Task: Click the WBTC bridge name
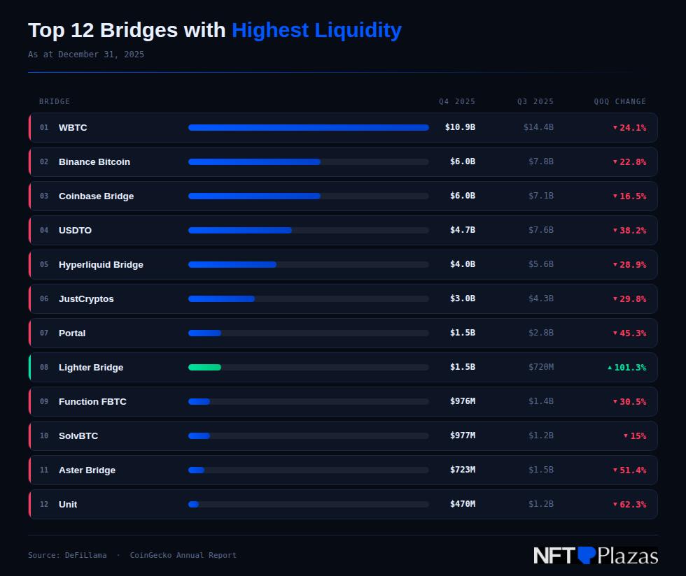[73, 128]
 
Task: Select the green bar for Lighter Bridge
[204, 368]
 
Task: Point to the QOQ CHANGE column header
[619, 102]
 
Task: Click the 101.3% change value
[629, 368]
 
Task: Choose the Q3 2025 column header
[535, 102]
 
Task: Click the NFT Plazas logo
[595, 556]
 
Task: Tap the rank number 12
[44, 505]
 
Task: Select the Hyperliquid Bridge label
[101, 265]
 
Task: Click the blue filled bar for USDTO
[239, 231]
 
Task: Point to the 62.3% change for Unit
[632, 505]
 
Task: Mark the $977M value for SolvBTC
[462, 436]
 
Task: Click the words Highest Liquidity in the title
[316, 31]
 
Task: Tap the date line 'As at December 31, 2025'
[86, 55]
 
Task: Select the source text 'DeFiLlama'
[86, 556]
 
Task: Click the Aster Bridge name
[87, 470]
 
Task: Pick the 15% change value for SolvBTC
[637, 436]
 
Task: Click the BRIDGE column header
[55, 102]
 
